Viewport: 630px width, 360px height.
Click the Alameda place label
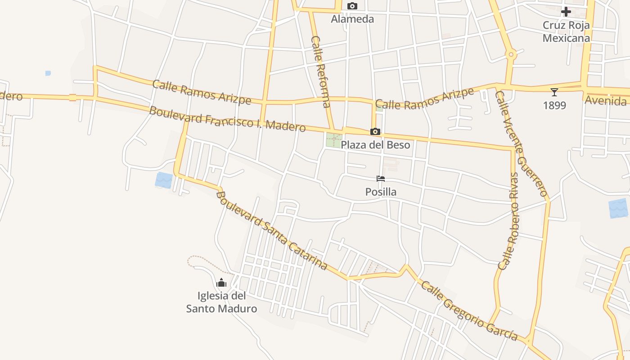(352, 19)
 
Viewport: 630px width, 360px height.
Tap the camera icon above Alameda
(352, 6)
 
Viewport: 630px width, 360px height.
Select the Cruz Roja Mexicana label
(566, 31)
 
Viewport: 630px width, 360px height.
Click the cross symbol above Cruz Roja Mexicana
(566, 12)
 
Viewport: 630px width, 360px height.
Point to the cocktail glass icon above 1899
(554, 92)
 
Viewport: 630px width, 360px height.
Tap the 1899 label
(554, 105)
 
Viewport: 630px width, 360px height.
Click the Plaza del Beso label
(375, 145)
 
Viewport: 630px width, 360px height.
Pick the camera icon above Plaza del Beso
(375, 132)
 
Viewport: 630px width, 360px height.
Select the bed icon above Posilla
(381, 179)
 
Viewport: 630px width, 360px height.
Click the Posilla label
(381, 192)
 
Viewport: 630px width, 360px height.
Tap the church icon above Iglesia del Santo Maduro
(221, 283)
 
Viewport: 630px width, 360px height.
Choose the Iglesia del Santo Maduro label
(221, 302)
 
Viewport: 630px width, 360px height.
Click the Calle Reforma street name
(321, 72)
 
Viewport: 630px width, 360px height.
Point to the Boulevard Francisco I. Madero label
(227, 119)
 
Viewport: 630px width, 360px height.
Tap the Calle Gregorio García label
(469, 311)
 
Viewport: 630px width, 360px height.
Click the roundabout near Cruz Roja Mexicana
(510, 55)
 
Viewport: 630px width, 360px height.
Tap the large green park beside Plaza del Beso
(334, 140)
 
